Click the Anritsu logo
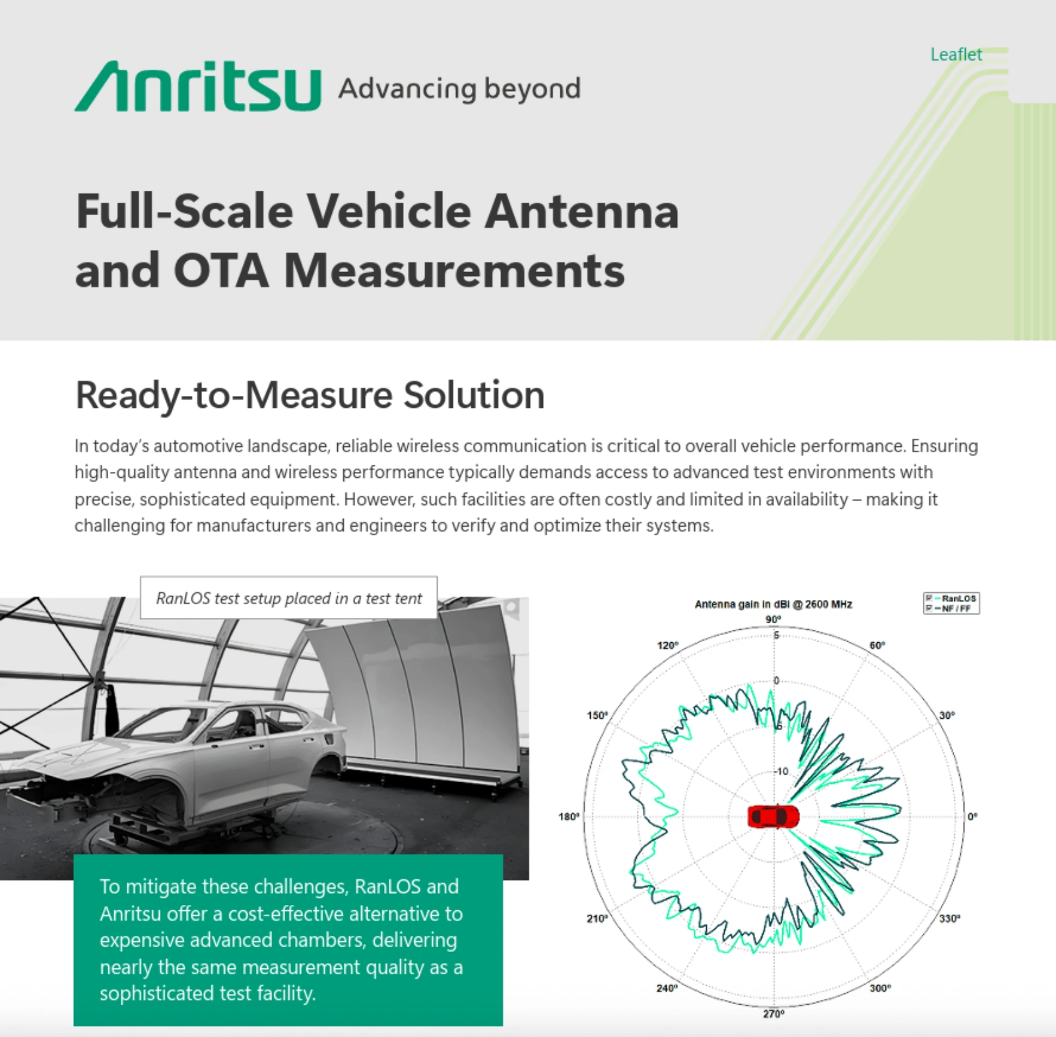[197, 86]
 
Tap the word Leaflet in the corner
[956, 54]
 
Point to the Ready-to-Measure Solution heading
[310, 395]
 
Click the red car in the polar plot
[773, 816]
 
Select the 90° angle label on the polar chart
[773, 619]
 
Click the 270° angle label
[774, 1013]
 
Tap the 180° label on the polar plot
[569, 817]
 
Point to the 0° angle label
[972, 817]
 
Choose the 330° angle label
[950, 919]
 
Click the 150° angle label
[597, 716]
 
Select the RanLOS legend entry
[952, 598]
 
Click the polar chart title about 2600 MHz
[773, 604]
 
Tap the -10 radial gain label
[781, 771]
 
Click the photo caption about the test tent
[288, 598]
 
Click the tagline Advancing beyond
[459, 89]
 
